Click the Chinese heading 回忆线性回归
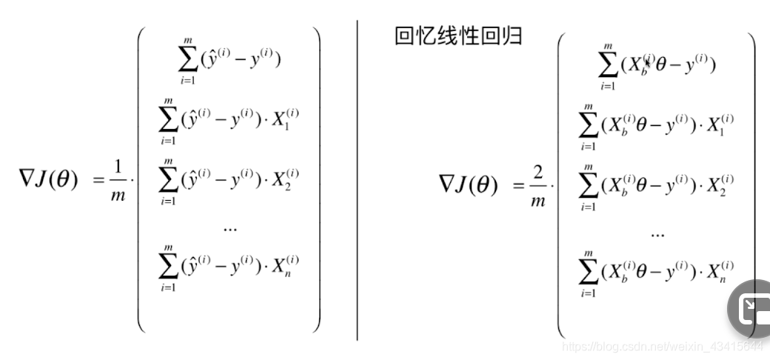point(458,35)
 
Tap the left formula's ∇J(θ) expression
point(48,180)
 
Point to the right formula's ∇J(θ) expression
point(469,184)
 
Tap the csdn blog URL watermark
point(663,346)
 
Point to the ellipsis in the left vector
point(230,228)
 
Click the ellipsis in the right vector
point(657,233)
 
